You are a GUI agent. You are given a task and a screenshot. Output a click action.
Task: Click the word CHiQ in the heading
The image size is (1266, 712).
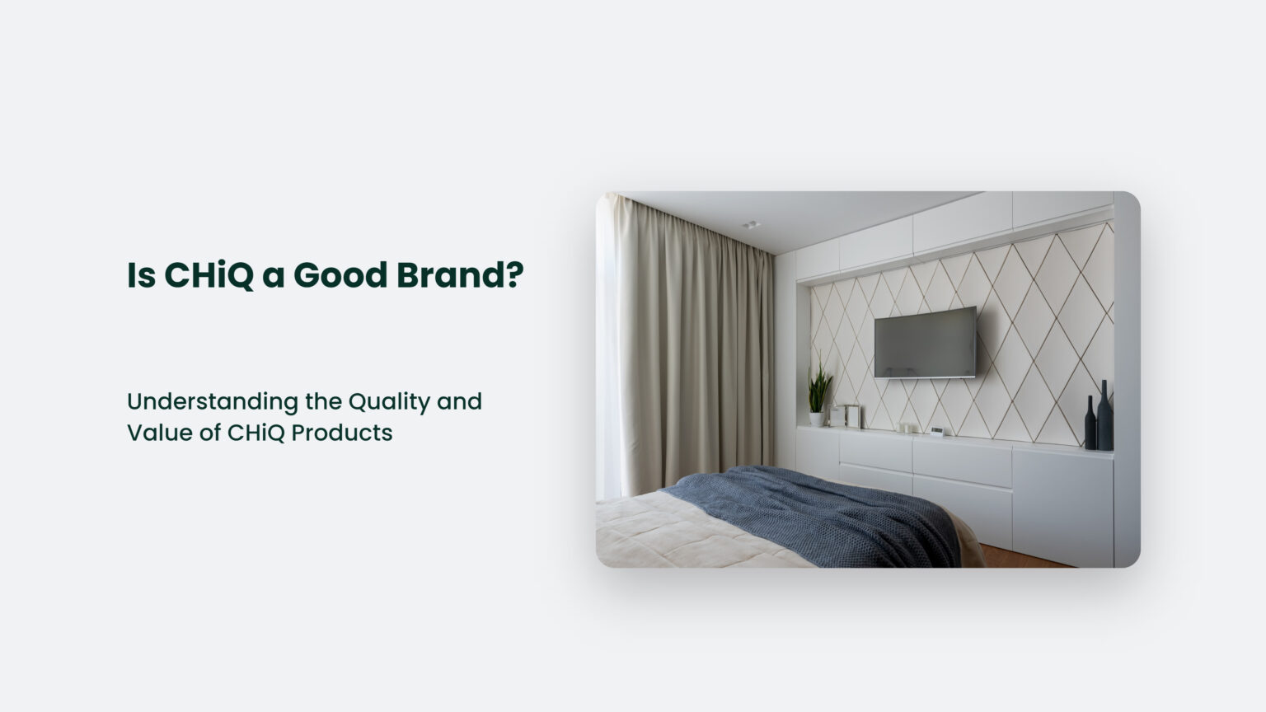[209, 275]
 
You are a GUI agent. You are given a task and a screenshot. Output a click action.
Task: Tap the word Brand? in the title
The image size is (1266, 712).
[460, 275]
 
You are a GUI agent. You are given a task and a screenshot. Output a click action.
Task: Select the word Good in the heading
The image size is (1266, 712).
[340, 275]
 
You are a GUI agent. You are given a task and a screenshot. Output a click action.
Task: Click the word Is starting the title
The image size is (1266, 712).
[141, 275]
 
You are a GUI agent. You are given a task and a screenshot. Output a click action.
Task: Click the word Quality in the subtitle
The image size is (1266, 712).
[389, 402]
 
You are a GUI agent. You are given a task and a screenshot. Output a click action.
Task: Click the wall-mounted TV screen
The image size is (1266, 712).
[925, 341]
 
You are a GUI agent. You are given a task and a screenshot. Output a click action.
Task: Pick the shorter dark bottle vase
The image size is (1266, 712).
[1090, 424]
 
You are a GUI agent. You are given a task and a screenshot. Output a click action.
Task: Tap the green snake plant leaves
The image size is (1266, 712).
[818, 387]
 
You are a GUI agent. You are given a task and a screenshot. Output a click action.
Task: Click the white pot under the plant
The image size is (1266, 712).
[816, 419]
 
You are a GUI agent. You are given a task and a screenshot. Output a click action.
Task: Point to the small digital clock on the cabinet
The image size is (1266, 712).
[937, 430]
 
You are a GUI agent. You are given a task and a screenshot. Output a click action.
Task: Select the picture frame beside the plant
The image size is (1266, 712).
[848, 415]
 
